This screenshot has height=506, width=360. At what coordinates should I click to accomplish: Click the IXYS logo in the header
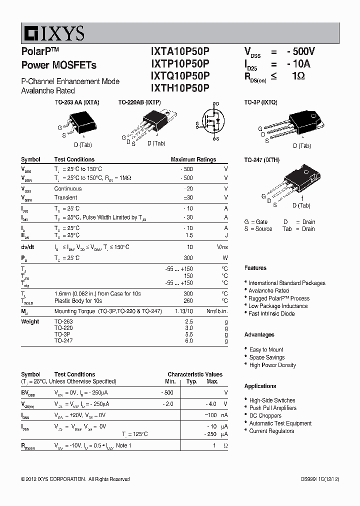53,33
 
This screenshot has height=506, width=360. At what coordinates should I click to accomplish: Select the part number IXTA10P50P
180,51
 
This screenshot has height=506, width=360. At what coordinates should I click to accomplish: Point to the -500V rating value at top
301,51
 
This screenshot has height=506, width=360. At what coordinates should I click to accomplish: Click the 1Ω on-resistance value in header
298,76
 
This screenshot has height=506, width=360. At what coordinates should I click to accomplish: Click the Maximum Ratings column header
193,159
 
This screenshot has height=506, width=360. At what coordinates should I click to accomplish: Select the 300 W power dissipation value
188,258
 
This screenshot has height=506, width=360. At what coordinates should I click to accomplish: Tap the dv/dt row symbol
28,247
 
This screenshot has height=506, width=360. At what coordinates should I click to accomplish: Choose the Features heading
255,268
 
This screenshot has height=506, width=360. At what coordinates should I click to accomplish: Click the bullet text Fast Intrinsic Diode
271,313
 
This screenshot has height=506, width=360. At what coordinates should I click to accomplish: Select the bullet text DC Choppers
265,415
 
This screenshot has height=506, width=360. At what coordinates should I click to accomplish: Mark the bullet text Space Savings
267,357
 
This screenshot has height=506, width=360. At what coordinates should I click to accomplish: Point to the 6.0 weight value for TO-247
188,340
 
